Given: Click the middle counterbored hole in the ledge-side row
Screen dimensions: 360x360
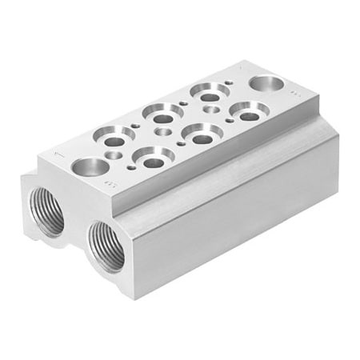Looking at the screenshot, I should point(201,133).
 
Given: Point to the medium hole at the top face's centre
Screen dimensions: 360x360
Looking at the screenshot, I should point(165,130).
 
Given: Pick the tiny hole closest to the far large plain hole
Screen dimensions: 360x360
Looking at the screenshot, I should point(233,82).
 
